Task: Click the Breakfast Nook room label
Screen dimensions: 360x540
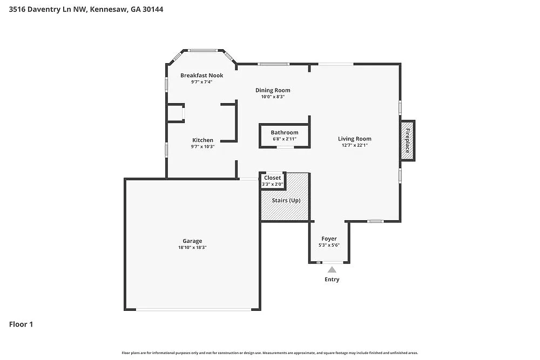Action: pos(201,76)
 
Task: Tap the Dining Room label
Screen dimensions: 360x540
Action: pos(273,90)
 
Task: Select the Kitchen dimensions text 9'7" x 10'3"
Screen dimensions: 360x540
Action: pos(202,146)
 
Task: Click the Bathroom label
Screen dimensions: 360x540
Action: pos(285,132)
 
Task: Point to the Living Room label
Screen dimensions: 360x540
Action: pos(355,139)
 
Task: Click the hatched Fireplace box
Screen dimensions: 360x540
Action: pos(408,140)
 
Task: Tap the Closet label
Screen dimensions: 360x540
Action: pos(273,178)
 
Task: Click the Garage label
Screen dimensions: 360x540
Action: pos(192,241)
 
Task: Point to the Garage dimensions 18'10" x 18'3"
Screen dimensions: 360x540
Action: pos(192,247)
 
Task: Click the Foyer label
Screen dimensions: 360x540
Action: pos(329,239)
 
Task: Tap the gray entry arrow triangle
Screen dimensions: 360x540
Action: pos(332,269)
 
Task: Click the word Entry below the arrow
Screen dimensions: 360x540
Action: pos(332,280)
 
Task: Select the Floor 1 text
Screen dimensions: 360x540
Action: pos(21,324)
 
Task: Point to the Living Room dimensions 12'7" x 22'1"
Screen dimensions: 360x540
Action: pos(355,145)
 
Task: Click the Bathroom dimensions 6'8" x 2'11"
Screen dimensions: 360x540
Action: pos(285,139)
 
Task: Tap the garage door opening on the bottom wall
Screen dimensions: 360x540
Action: pos(193,309)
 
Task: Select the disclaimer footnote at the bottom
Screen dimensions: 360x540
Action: pos(270,352)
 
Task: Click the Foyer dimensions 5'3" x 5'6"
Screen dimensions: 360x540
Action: pos(329,245)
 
